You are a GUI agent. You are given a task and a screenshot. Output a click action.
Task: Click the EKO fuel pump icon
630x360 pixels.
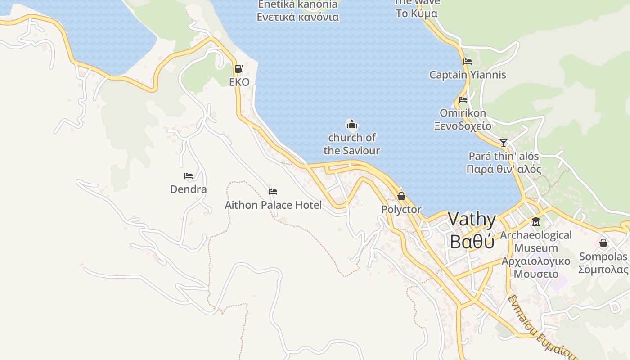click(x=239, y=69)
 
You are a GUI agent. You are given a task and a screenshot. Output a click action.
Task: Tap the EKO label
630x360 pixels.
click(x=239, y=82)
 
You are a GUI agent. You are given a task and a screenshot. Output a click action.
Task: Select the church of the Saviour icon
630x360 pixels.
click(x=351, y=125)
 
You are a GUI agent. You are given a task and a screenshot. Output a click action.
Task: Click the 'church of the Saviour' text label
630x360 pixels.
click(x=351, y=144)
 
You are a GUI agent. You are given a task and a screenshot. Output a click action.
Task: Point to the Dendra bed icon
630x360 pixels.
click(x=189, y=176)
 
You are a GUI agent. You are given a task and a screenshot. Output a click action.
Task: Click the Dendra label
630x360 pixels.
click(x=189, y=189)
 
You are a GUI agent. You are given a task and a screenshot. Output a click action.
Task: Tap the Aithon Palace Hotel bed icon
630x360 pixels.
click(x=273, y=192)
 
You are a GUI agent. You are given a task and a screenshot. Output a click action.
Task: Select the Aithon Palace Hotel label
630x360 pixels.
click(x=273, y=205)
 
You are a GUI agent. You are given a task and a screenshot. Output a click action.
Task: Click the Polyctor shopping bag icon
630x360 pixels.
click(x=401, y=196)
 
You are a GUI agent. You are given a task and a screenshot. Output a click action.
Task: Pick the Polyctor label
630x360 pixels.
click(x=401, y=209)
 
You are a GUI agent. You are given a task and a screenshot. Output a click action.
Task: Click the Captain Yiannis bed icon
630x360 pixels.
click(x=468, y=62)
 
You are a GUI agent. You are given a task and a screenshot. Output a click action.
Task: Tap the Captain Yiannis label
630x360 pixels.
click(x=468, y=75)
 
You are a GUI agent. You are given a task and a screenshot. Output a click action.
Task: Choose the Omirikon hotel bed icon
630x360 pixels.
click(x=463, y=100)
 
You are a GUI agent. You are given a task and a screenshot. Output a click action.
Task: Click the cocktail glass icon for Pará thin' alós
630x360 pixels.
click(x=504, y=143)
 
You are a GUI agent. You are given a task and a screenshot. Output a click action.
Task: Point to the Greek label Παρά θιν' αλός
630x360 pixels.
click(x=504, y=170)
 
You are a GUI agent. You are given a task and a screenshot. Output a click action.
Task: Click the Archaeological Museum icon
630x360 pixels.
click(x=536, y=222)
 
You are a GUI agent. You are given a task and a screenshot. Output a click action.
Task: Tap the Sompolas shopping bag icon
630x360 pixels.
click(x=603, y=243)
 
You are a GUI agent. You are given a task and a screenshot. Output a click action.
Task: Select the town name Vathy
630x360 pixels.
click(x=472, y=220)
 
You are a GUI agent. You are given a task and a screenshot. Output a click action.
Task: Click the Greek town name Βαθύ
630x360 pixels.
click(x=472, y=242)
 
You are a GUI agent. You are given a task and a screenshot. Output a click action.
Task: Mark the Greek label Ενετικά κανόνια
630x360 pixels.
click(x=297, y=18)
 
